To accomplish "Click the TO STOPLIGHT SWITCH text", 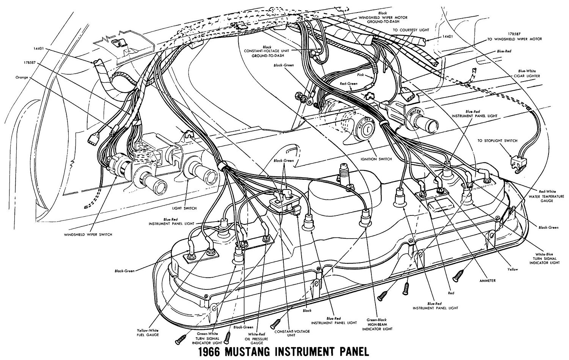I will pyautogui.click(x=498, y=141).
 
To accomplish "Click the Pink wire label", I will pyautogui.click(x=360, y=75).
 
